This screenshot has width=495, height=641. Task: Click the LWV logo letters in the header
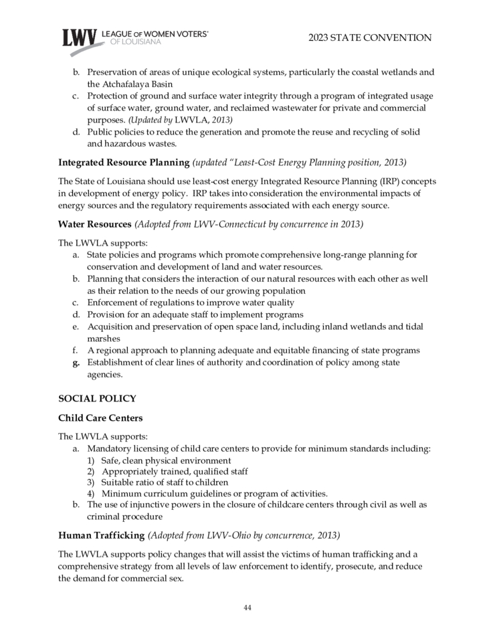(80, 39)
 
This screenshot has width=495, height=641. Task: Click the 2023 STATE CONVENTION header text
(370, 38)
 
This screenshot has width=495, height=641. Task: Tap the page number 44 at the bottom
(247, 608)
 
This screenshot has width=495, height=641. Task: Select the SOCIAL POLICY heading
(97, 399)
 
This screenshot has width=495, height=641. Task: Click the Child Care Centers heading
(100, 418)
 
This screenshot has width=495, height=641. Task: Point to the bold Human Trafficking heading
(101, 535)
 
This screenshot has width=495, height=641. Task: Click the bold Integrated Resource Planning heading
(124, 163)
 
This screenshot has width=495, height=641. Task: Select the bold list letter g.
(76, 363)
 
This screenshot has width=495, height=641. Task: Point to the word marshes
(104, 339)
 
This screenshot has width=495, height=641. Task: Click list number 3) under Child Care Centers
(91, 482)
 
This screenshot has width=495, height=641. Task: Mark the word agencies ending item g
(104, 375)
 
